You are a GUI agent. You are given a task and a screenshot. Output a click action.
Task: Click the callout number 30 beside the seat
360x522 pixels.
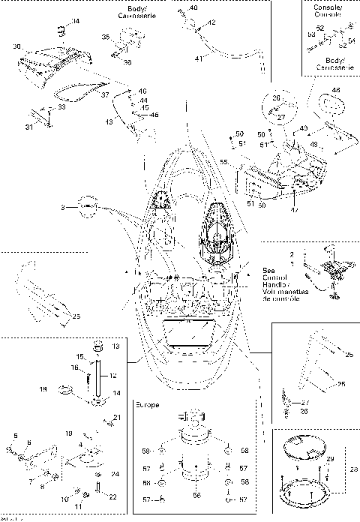(16, 46)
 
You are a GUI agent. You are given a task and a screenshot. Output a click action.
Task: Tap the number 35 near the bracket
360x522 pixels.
(106, 37)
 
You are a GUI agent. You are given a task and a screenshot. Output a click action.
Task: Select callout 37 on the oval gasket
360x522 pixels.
(106, 95)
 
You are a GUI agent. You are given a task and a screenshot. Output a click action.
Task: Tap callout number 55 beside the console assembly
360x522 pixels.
(224, 162)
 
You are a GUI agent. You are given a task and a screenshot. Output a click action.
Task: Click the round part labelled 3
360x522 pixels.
(88, 205)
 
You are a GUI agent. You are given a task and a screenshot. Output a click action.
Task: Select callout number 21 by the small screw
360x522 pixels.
(116, 417)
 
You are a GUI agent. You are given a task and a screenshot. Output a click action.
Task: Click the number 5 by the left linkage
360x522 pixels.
(16, 436)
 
